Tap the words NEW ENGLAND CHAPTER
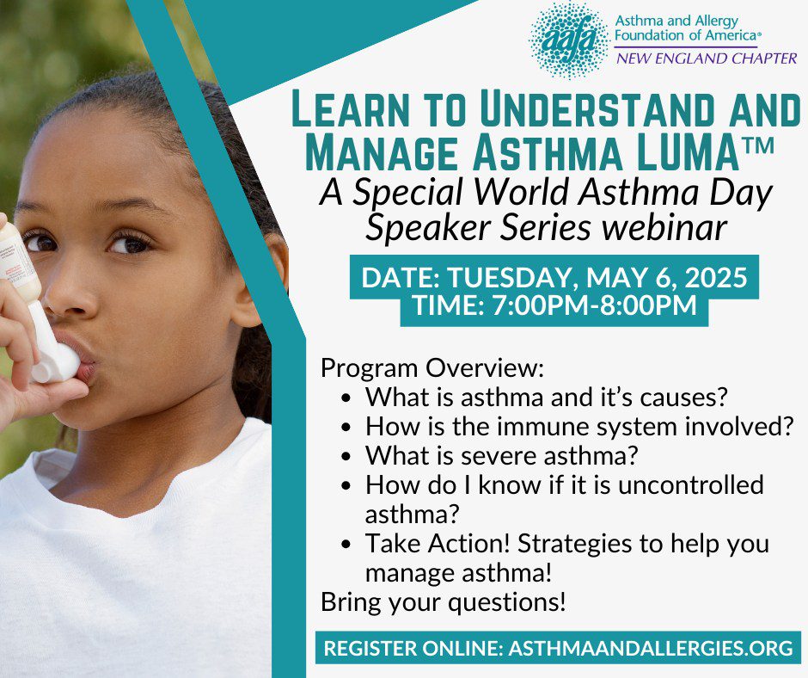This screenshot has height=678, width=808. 707,58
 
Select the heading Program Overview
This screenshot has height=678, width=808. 432,368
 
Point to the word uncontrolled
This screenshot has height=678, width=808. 690,485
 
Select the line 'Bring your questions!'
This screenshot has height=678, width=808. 444,602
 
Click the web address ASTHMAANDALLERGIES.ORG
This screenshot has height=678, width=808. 651,649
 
